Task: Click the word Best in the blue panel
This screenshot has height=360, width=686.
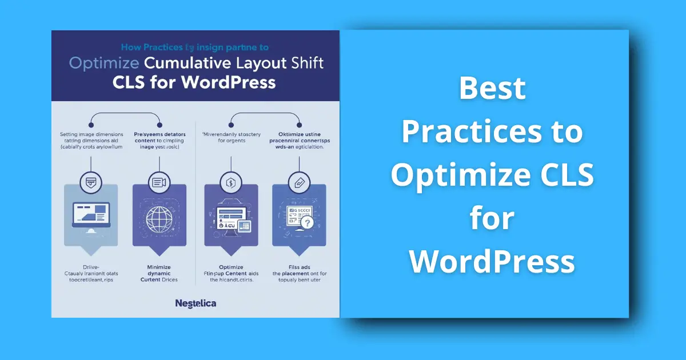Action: [492, 89]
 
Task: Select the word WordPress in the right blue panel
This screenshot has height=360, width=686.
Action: [492, 261]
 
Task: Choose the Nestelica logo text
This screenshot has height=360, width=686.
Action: [196, 303]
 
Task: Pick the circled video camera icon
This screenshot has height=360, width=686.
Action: [158, 183]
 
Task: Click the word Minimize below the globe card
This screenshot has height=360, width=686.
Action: [158, 267]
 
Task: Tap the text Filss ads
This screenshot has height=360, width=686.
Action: [299, 267]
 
